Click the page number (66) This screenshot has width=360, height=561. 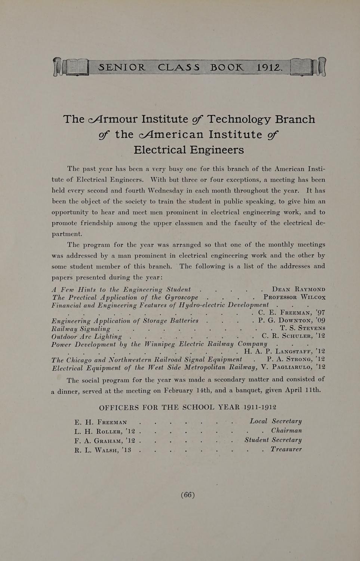pyautogui.click(x=188, y=495)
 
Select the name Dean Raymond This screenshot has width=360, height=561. pyautogui.click(x=298, y=289)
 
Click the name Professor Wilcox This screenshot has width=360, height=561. pyautogui.click(x=294, y=297)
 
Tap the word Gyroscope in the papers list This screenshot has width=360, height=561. pyautogui.click(x=181, y=298)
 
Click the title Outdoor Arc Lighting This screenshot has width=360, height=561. pyautogui.click(x=86, y=336)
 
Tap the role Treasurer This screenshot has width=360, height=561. pyautogui.click(x=286, y=449)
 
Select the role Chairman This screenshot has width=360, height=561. pyautogui.click(x=286, y=430)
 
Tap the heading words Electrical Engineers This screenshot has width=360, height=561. pyautogui.click(x=189, y=150)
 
